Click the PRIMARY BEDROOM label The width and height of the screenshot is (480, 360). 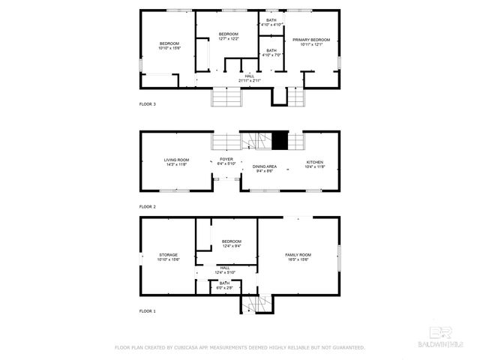click(311, 40)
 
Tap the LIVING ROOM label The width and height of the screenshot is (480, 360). click(177, 160)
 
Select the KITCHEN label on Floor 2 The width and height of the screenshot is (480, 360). click(314, 162)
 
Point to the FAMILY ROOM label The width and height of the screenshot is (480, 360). click(298, 255)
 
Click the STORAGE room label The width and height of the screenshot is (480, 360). click(168, 255)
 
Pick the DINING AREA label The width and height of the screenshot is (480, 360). click(265, 166)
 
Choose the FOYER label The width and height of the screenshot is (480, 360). click(226, 159)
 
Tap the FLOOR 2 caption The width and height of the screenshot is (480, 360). click(148, 205)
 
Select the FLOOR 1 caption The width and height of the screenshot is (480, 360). click(148, 310)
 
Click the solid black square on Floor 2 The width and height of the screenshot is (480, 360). click(280, 139)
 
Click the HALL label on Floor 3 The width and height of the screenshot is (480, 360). click(249, 76)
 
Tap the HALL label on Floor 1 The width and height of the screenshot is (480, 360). click(225, 267)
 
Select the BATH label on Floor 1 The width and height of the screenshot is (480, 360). click(225, 283)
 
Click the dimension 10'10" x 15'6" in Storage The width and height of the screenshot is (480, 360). click(168, 259)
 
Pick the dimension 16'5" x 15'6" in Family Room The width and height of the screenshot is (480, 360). click(298, 260)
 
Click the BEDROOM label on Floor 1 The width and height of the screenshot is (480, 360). click(232, 241)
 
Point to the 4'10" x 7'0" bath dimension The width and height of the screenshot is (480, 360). click(271, 55)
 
